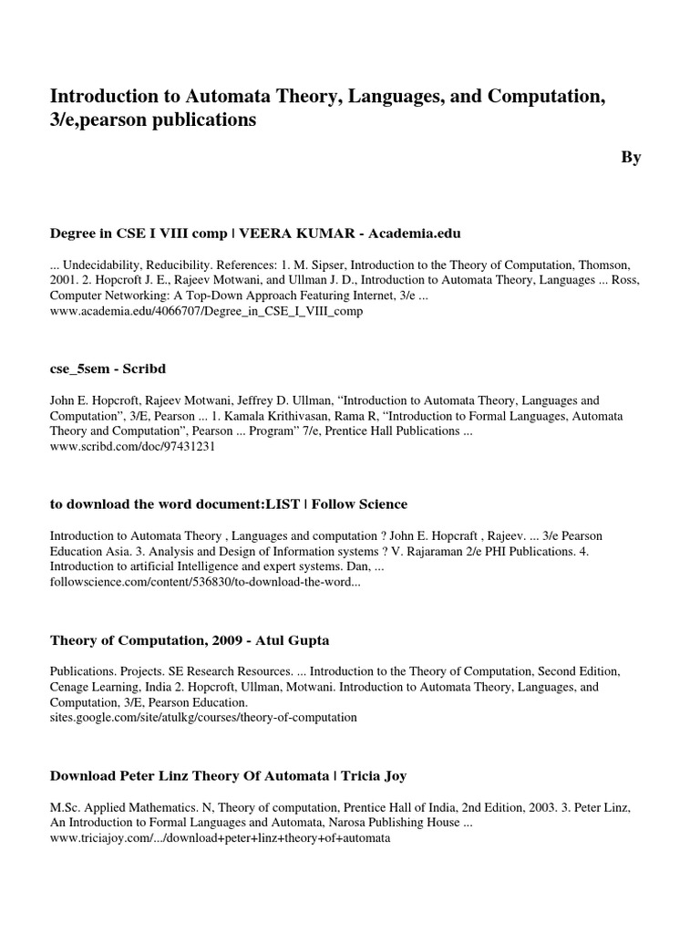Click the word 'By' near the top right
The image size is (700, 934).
point(632,158)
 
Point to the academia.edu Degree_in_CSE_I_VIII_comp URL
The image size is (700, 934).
point(206,312)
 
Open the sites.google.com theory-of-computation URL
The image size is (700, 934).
point(203,718)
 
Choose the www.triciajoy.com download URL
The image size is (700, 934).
point(220,838)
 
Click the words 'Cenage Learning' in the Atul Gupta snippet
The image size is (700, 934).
point(95,687)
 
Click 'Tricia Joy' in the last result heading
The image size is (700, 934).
point(374,776)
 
